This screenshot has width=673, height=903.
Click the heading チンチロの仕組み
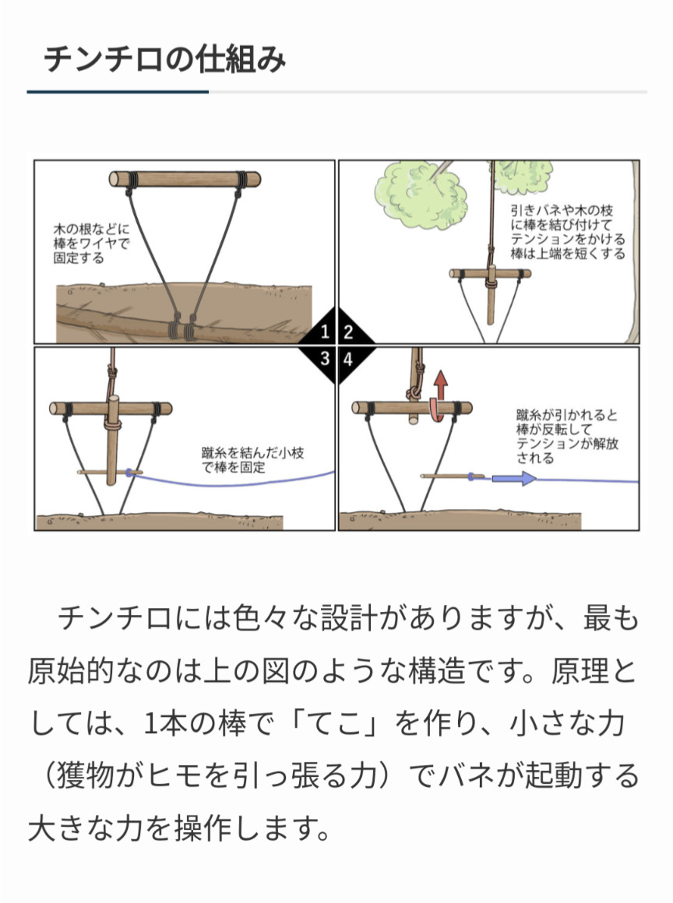(x=165, y=59)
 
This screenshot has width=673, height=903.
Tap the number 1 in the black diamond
(x=325, y=332)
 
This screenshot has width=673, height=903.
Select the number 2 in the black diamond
(x=348, y=332)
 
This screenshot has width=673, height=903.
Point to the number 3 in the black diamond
(x=325, y=359)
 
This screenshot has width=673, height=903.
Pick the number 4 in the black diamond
(x=348, y=359)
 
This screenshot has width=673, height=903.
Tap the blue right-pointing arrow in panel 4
(x=515, y=478)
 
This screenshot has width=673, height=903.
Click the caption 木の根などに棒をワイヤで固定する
(x=92, y=243)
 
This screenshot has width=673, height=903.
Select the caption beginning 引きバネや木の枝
(x=568, y=232)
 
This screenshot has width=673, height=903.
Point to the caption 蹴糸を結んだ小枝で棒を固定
(x=252, y=460)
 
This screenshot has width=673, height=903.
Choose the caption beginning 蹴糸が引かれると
(x=567, y=437)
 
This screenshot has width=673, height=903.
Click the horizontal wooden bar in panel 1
(x=185, y=179)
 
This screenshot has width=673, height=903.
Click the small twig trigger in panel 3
(x=110, y=473)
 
